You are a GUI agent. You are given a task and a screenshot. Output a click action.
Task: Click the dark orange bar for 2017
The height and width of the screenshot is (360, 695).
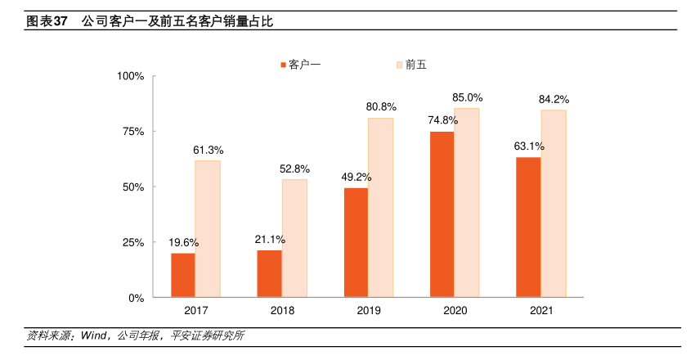pyautogui.click(x=183, y=275)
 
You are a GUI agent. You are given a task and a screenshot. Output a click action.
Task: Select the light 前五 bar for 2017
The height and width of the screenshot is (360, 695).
pyautogui.click(x=208, y=228)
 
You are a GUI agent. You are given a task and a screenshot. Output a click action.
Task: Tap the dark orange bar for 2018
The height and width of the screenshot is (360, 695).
pyautogui.click(x=269, y=273)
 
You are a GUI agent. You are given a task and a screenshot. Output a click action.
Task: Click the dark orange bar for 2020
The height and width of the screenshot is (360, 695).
pyautogui.click(x=442, y=214)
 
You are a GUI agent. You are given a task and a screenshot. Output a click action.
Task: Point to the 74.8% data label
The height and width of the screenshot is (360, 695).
pyautogui.click(x=442, y=120)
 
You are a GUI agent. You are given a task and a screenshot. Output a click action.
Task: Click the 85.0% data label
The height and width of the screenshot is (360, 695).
pyautogui.click(x=467, y=97)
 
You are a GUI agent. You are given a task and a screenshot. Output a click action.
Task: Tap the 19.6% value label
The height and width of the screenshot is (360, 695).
pyautogui.click(x=184, y=242)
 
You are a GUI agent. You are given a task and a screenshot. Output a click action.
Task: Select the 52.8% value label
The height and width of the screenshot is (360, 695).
pyautogui.click(x=295, y=169)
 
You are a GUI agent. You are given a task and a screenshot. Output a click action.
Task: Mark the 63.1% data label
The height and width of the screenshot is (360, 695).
pyautogui.click(x=529, y=146)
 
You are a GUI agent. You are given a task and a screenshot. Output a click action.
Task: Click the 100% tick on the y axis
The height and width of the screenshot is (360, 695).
pyautogui.click(x=131, y=76)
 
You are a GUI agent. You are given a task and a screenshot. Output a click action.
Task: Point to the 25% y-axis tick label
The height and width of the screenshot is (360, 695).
pyautogui.click(x=134, y=242)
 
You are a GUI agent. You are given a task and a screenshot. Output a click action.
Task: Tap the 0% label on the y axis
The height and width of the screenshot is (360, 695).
pyautogui.click(x=137, y=298)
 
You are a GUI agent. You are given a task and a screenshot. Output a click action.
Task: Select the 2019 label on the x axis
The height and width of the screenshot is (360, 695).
pyautogui.click(x=369, y=311)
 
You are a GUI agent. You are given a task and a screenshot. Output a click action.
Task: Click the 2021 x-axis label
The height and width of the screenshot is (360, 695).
pyautogui.click(x=541, y=311)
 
